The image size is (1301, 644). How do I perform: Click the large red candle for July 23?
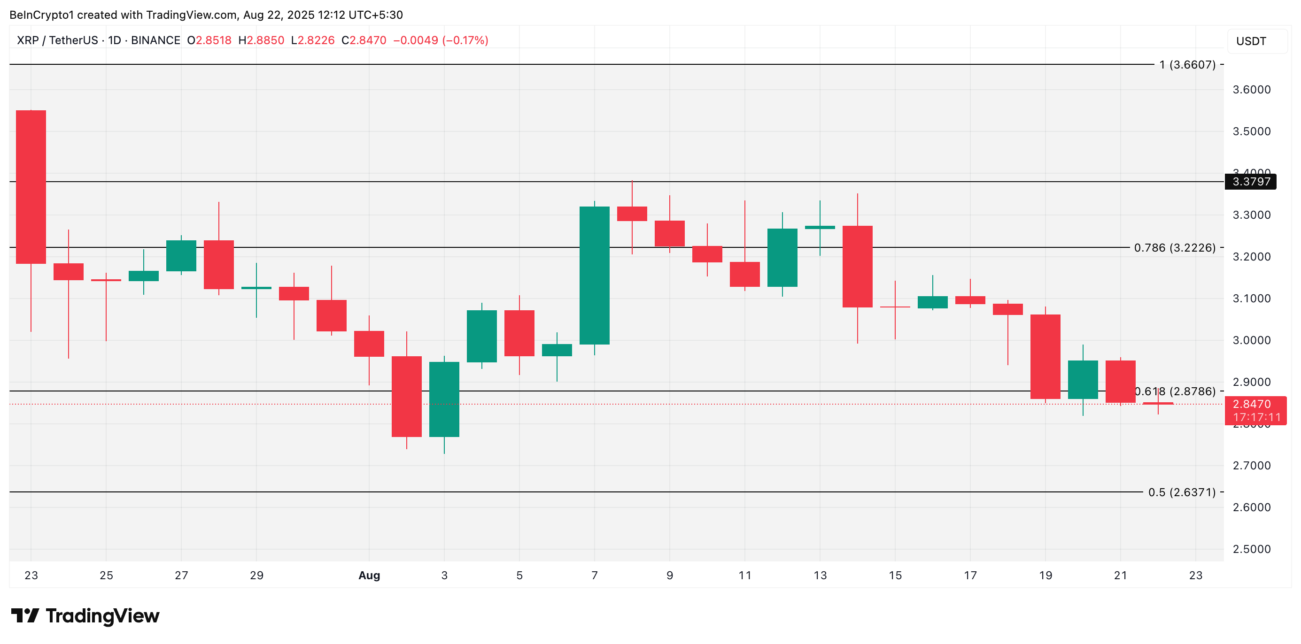(x=31, y=187)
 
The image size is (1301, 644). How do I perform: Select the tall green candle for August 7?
(x=594, y=275)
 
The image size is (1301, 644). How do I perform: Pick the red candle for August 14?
(x=857, y=266)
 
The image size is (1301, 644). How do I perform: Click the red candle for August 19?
(x=1045, y=356)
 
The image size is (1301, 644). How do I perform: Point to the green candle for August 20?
(x=1082, y=380)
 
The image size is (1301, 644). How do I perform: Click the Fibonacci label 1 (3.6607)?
(x=1187, y=65)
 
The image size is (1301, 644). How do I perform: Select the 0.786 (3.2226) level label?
(x=1174, y=248)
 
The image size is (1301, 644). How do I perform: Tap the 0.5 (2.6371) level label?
(x=1181, y=492)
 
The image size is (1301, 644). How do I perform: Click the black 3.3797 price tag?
(x=1250, y=182)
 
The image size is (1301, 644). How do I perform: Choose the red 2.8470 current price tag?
(x=1255, y=410)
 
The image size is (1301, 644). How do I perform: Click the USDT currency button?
(x=1256, y=41)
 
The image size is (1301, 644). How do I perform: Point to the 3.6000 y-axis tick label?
(x=1251, y=90)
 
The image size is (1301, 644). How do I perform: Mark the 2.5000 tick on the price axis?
(x=1251, y=549)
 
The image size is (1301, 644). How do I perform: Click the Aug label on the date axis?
(x=369, y=575)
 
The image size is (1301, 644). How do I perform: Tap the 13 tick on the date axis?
(x=820, y=575)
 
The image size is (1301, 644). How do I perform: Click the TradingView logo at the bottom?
(x=85, y=616)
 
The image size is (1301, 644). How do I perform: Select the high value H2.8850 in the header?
(x=261, y=40)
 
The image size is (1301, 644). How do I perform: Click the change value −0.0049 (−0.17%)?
(x=441, y=40)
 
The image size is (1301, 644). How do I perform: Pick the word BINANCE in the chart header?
(x=155, y=40)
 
